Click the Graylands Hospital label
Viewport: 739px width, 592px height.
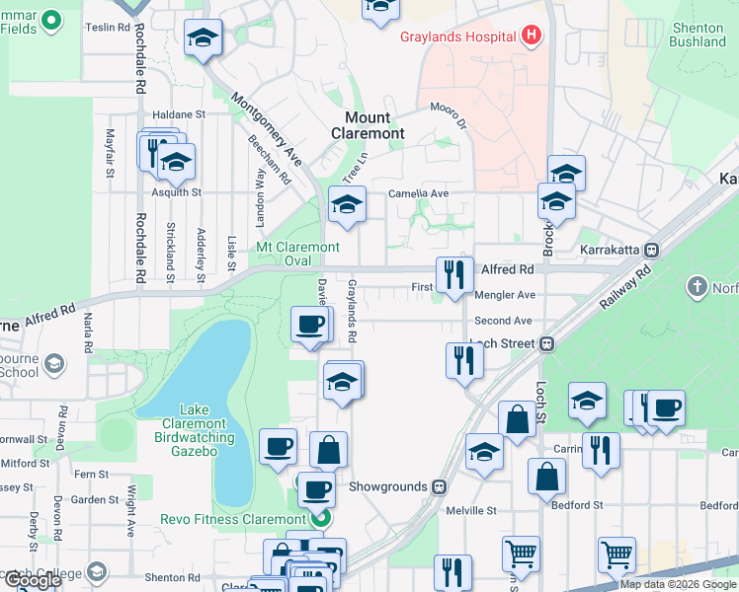point(457,37)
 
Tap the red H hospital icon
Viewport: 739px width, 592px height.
point(533,37)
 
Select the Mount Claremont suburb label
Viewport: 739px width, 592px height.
point(368,125)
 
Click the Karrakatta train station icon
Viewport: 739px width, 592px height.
point(651,250)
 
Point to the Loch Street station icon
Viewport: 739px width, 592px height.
point(545,344)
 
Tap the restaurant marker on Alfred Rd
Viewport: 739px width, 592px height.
point(453,275)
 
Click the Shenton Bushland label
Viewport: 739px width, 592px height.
point(697,36)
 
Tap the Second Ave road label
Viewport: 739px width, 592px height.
point(503,321)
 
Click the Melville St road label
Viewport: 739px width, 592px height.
point(470,510)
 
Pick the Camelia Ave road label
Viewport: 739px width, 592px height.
point(418,193)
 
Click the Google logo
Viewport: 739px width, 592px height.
point(33,580)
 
